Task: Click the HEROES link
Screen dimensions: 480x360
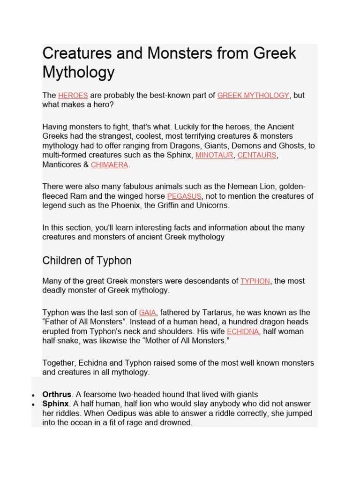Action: (x=73, y=96)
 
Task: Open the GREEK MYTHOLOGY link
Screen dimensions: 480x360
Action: (x=253, y=96)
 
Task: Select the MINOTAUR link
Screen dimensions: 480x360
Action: (x=214, y=155)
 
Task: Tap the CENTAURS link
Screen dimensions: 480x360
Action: (x=257, y=155)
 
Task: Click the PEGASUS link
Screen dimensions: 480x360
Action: (x=184, y=196)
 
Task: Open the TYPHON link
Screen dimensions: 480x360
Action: (x=255, y=281)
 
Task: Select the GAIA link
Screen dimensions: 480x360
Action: (x=148, y=313)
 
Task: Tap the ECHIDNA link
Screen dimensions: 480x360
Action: (x=243, y=331)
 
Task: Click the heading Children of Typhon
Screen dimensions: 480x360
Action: (x=87, y=261)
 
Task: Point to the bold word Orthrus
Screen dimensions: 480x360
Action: (x=57, y=395)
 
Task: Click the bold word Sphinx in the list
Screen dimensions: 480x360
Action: (x=56, y=404)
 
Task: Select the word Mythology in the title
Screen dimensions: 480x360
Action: (x=78, y=73)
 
